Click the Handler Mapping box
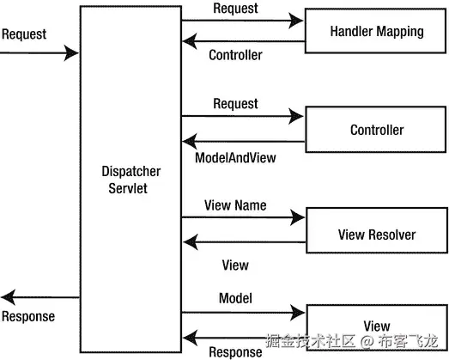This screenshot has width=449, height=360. point(377,32)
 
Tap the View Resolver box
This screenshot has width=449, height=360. point(377,235)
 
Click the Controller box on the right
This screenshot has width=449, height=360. point(377,131)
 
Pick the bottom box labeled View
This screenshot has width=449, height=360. point(377,326)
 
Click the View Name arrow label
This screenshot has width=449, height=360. point(235,205)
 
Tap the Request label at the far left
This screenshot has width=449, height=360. point(24,35)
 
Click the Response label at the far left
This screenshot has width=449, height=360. point(28,316)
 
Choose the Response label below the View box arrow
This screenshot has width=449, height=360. point(235,351)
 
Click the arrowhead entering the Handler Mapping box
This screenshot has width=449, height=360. point(299,19)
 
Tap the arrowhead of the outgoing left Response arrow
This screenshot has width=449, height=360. point(7,297)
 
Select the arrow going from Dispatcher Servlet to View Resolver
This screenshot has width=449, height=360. point(240,217)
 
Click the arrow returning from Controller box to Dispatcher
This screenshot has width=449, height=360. point(240,141)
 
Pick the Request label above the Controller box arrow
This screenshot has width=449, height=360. point(235,103)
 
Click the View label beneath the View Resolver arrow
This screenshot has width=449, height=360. point(235,265)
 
